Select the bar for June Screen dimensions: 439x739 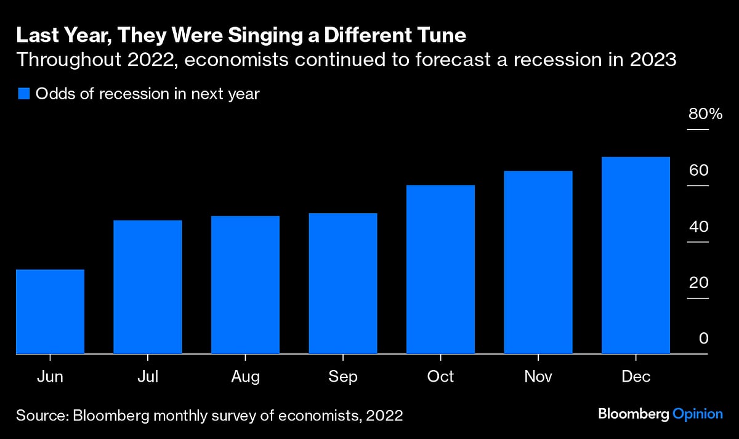(50, 311)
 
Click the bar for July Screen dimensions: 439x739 (148, 287)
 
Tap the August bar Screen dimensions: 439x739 (245, 285)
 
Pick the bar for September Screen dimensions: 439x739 (343, 284)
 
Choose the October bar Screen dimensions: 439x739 (440, 269)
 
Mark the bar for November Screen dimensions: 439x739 (538, 262)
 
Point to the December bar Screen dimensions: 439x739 (636, 255)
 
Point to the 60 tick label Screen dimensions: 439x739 (699, 171)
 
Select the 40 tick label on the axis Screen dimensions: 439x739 (699, 227)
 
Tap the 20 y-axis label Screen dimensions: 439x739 (699, 283)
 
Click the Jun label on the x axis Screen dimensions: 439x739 (50, 376)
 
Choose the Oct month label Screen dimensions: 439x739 (440, 376)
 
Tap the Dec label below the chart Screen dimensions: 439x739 (636, 376)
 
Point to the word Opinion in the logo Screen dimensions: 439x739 (697, 414)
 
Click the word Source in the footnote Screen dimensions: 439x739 (40, 416)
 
